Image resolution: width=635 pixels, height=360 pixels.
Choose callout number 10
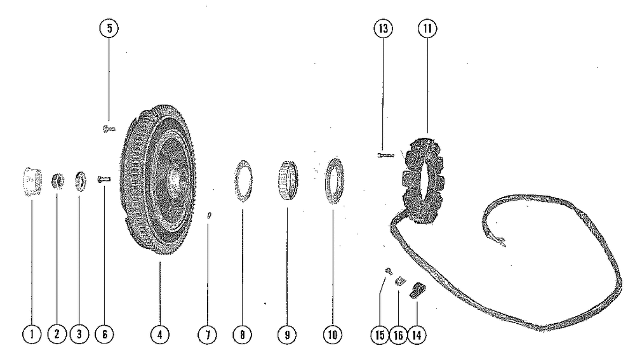pos(332,333)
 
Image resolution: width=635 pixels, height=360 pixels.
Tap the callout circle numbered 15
pos(380,333)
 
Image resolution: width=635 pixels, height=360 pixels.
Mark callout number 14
pos(416,333)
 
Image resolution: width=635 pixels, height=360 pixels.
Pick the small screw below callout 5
pos(107,128)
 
